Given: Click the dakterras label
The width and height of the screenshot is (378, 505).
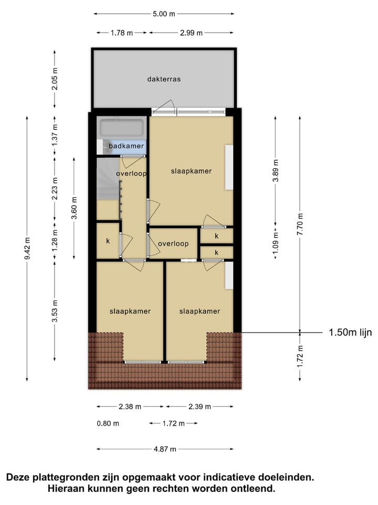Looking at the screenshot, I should pyautogui.click(x=164, y=79).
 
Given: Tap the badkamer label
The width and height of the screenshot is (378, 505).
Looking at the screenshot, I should pyautogui.click(x=126, y=146).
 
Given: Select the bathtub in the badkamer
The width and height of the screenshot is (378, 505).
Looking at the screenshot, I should pyautogui.click(x=121, y=128).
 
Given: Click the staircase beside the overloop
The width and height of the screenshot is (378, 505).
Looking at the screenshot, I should pyautogui.click(x=108, y=179).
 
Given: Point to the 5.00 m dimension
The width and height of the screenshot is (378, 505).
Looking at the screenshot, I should pyautogui.click(x=164, y=14).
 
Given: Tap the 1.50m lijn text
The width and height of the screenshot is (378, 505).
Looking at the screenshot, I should pyautogui.click(x=350, y=332).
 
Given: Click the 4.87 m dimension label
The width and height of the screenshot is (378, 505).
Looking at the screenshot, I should pyautogui.click(x=165, y=449).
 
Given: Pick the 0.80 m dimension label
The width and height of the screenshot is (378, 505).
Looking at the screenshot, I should pyautogui.click(x=108, y=423).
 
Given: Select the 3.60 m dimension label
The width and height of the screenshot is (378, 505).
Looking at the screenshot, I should pyautogui.click(x=74, y=207).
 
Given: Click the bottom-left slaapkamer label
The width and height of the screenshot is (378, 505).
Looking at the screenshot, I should pyautogui.click(x=130, y=311).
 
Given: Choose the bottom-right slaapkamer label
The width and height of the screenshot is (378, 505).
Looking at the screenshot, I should pyautogui.click(x=199, y=311).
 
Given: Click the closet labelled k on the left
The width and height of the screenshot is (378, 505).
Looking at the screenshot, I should pyautogui.click(x=108, y=241).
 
